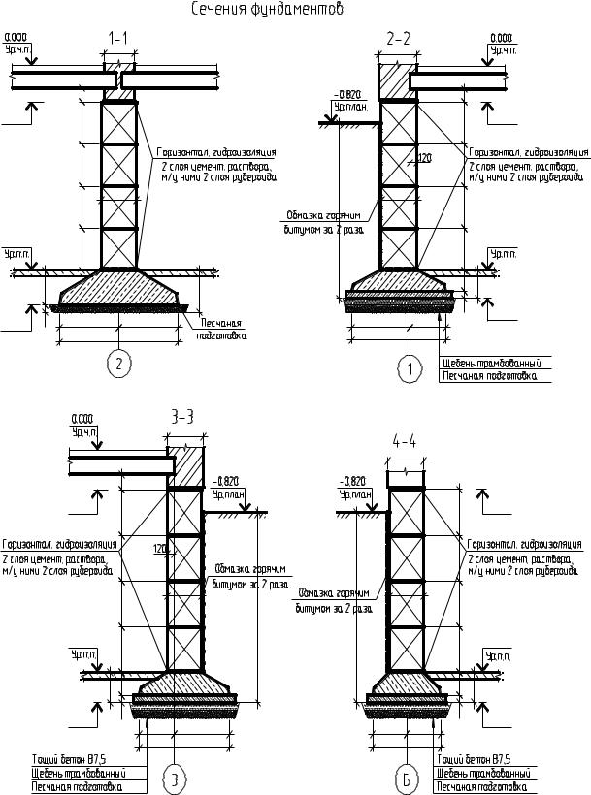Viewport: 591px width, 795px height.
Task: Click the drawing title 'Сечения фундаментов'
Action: click(x=266, y=10)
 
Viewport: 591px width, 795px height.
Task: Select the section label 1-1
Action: click(x=118, y=39)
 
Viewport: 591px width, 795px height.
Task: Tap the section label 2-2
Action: click(x=399, y=39)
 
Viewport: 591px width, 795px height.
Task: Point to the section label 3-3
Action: click(x=182, y=417)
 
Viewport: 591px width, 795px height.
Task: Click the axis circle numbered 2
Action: click(x=118, y=365)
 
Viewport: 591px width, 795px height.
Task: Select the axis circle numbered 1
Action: click(x=411, y=368)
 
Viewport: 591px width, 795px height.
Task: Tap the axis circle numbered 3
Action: click(x=174, y=778)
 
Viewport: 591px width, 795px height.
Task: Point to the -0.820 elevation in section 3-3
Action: click(x=225, y=481)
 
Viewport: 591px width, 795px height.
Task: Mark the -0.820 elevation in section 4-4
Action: click(x=351, y=481)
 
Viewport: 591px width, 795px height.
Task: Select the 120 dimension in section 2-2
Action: click(x=423, y=158)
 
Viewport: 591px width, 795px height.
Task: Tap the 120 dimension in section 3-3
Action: click(x=160, y=549)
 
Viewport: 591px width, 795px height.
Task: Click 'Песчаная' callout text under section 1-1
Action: click(x=220, y=324)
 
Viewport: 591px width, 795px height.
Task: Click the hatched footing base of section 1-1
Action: click(x=118, y=288)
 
